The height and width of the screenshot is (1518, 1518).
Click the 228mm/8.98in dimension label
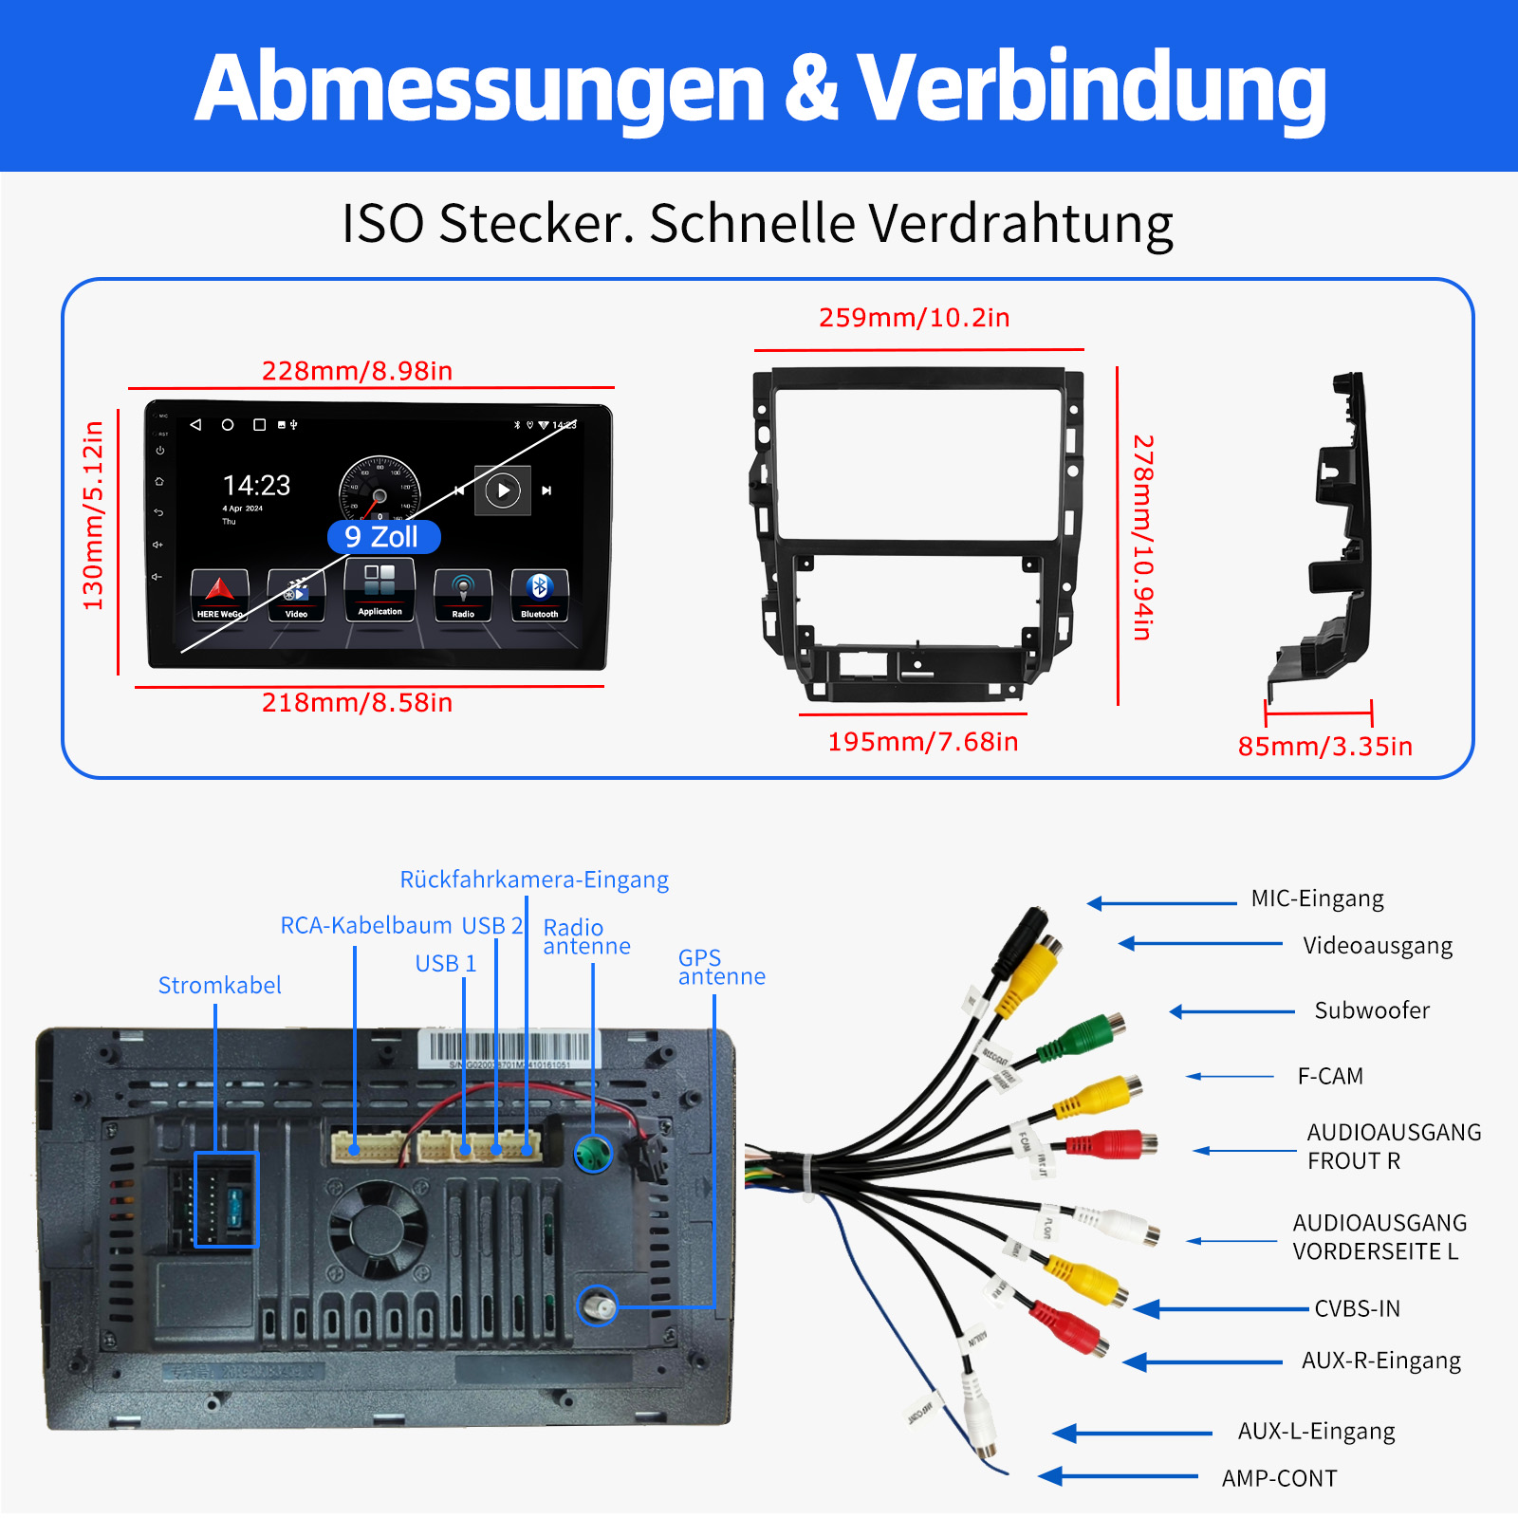[x=357, y=370]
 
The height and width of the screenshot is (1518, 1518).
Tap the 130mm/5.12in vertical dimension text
[x=93, y=516]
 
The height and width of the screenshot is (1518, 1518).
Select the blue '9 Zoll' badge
[x=383, y=537]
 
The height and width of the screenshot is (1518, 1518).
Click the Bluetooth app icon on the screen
[x=539, y=594]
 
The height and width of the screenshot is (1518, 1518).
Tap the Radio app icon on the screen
[x=463, y=595]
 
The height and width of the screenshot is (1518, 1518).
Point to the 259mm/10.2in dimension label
[x=914, y=317]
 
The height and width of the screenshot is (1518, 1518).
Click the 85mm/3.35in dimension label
[x=1324, y=747]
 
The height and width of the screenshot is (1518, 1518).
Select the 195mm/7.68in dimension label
[x=922, y=742]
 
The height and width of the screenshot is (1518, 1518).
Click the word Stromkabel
[x=219, y=986]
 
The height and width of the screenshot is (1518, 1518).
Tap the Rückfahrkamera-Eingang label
[x=534, y=879]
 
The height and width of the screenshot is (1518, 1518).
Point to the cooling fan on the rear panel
[x=378, y=1230]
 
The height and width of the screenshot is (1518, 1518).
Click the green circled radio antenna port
[x=594, y=1154]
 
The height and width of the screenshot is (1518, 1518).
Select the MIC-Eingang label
[x=1317, y=898]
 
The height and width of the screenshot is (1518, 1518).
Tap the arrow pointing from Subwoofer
[x=1231, y=1012]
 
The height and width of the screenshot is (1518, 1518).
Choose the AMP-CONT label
[x=1279, y=1478]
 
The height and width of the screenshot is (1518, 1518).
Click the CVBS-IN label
[x=1357, y=1309]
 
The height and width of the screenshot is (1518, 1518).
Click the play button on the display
[x=503, y=491]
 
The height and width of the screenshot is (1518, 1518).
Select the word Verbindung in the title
[x=1091, y=87]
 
